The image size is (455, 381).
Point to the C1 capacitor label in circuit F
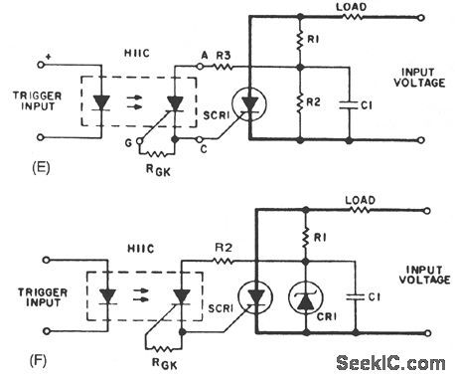(364, 296)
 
